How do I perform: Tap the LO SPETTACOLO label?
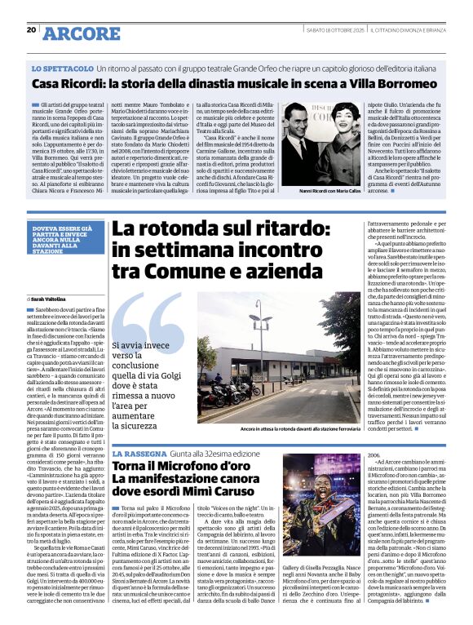(60, 70)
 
